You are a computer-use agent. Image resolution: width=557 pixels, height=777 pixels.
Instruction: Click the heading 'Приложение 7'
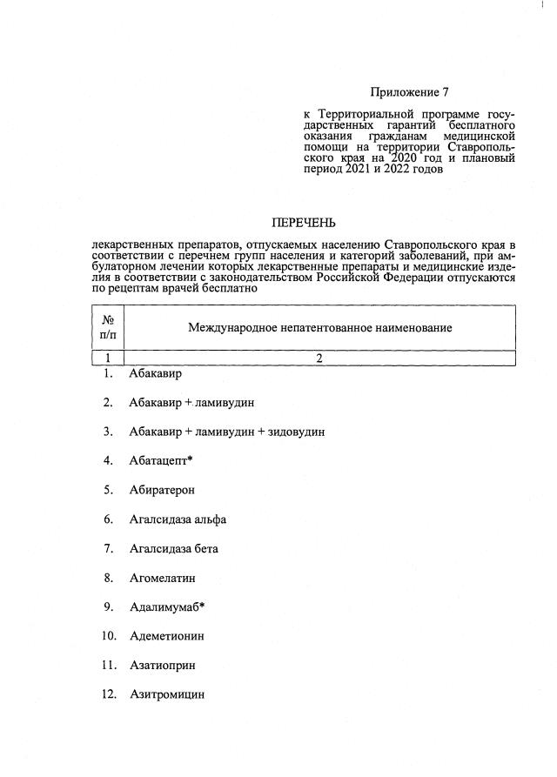409,91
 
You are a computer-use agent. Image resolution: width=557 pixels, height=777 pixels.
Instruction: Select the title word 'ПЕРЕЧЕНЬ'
303,223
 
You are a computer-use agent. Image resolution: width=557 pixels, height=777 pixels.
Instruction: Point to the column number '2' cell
319,358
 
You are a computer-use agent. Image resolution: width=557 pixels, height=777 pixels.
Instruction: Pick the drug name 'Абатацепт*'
160,460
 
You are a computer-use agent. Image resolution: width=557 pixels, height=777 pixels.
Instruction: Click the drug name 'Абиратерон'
162,490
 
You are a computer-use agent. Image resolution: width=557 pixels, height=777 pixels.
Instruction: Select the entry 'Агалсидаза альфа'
178,519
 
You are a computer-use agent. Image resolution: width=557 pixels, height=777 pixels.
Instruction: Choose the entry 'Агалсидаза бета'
173,549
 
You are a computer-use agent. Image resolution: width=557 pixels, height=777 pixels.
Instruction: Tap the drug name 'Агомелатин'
162,578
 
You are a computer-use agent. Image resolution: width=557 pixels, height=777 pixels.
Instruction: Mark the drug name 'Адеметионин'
166,636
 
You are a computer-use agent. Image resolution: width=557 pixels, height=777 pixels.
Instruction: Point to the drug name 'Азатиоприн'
162,666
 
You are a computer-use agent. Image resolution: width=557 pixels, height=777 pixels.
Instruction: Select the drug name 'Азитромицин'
166,695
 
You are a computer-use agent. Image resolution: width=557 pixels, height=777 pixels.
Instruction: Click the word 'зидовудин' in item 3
296,432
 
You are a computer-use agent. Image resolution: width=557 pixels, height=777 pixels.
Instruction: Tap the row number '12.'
109,695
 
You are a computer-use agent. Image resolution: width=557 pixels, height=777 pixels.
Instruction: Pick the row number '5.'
109,490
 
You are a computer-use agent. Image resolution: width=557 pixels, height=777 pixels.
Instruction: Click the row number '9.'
109,607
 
